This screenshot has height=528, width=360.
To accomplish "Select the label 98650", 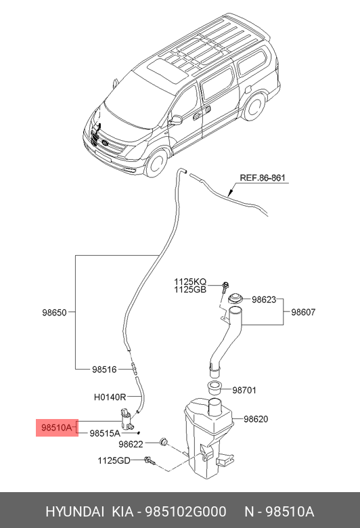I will (55, 313).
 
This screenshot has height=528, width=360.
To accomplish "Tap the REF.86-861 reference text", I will (263, 178).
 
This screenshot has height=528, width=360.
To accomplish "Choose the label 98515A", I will (104, 433).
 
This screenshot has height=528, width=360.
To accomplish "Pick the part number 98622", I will (131, 444).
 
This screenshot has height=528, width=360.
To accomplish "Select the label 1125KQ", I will (190, 281).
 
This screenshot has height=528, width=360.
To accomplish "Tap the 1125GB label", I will (190, 290).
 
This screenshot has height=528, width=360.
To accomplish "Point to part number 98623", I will (265, 299).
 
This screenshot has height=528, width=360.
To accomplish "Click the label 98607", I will (304, 312).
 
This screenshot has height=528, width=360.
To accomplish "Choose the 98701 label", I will (245, 390).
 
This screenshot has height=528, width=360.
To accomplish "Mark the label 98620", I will (256, 419).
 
